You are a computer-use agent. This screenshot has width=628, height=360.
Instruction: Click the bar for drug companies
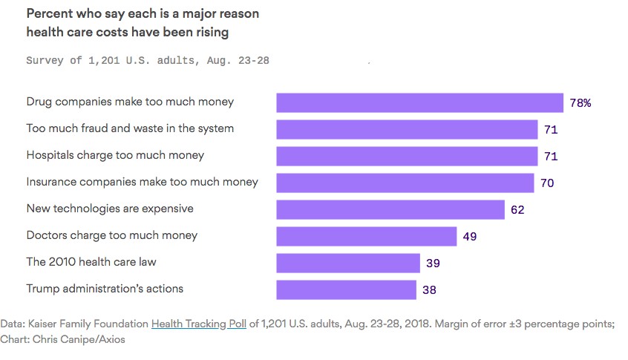point(419,102)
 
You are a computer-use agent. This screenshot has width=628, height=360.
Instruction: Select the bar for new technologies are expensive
point(390,209)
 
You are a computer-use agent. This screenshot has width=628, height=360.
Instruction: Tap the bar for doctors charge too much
point(366,236)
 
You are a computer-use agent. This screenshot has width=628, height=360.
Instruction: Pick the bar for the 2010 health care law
point(348,263)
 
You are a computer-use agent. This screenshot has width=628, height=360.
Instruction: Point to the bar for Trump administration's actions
point(346,289)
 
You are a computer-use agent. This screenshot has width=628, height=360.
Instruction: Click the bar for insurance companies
point(405,183)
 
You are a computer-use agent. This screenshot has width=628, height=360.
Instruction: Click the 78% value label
point(580,103)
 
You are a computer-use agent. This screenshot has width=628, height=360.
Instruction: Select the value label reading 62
point(517,210)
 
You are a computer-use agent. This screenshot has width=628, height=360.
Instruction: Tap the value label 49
point(469,237)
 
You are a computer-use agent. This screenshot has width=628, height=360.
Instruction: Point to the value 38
point(429,290)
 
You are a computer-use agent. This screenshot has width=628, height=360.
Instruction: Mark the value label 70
point(547,183)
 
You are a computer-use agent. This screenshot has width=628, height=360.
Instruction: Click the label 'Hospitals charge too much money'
point(115,155)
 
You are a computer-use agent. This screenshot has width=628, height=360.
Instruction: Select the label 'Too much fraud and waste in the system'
point(130,128)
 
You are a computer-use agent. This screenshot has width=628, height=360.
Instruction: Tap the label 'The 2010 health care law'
point(91,262)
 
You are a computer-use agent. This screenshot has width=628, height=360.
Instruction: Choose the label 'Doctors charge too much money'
point(112,235)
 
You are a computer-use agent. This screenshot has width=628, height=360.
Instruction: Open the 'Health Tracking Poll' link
point(198,324)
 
